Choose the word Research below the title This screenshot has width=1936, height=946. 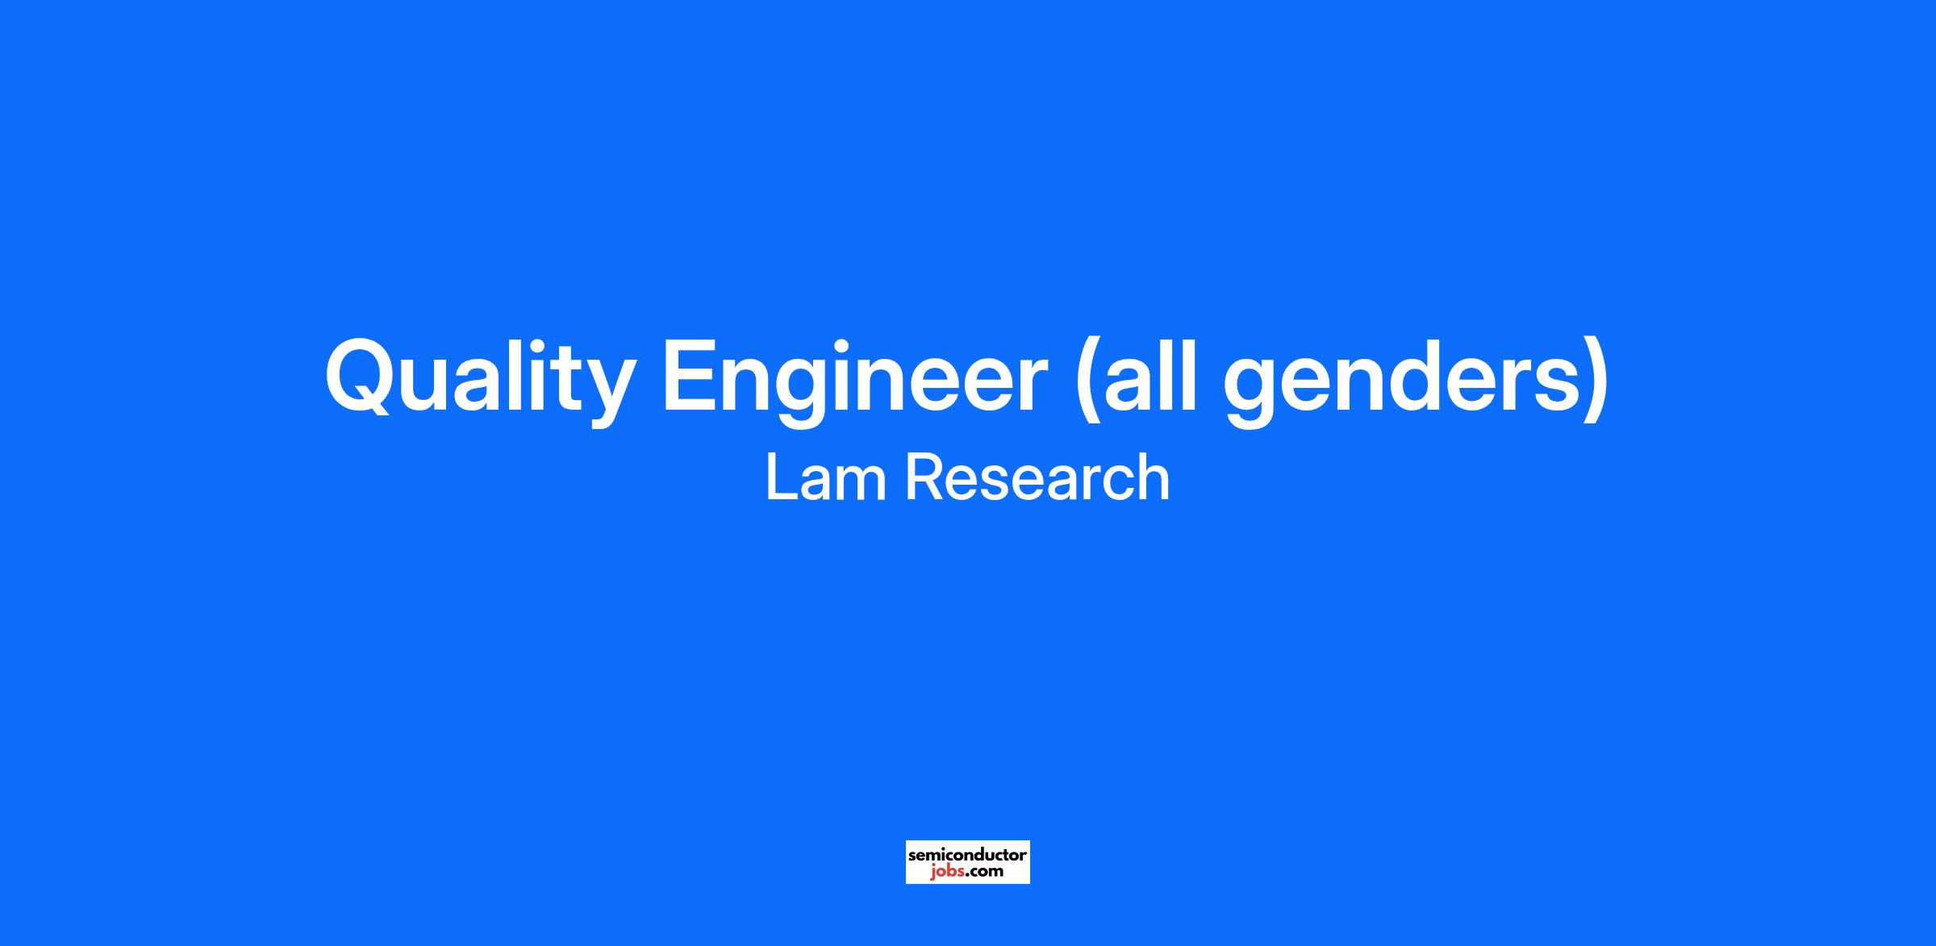tap(1037, 477)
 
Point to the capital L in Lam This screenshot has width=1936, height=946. tap(780, 477)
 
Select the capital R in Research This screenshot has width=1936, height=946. tap(924, 477)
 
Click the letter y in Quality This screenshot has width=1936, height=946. tap(604, 392)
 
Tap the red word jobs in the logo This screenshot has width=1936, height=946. tap(946, 872)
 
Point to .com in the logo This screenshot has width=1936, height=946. tap(984, 872)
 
